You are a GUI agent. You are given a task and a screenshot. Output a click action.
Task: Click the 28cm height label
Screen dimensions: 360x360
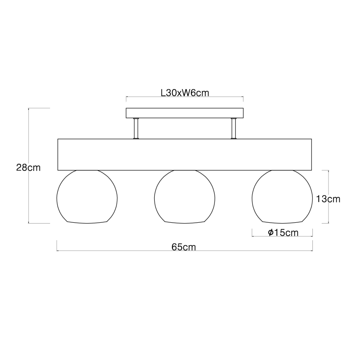click(28, 168)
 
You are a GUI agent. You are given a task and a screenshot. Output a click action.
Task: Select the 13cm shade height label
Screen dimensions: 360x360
click(328, 199)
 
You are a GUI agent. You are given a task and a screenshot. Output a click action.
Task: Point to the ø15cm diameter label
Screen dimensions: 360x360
click(283, 233)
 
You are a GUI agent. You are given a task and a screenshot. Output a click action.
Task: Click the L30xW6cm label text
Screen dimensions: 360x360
click(184, 93)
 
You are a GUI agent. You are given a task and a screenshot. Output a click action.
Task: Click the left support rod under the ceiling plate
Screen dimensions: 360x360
click(136, 129)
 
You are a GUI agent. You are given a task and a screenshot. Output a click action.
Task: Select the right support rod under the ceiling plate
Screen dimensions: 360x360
click(234, 129)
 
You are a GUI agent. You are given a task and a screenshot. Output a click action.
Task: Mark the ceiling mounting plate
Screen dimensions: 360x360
click(185, 113)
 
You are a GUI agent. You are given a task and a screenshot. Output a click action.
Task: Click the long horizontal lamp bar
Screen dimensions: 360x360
click(185, 154)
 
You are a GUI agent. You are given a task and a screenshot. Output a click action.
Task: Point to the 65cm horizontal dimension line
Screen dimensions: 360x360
click(124, 251)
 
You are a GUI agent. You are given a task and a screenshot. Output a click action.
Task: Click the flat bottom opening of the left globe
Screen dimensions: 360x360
click(87, 222)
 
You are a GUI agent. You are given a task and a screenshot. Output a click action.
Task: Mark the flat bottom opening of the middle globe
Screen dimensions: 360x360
click(185, 222)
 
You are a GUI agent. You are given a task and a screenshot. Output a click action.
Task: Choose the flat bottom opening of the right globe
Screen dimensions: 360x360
click(283, 222)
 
